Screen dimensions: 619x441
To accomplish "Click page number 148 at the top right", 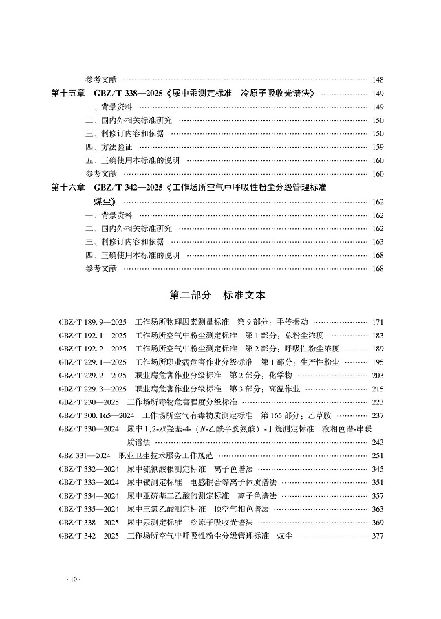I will (377, 80).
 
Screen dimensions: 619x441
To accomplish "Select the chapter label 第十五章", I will (67, 94).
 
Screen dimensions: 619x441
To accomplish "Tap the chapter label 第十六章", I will (67, 187).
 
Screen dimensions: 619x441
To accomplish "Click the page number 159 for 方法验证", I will (377, 147).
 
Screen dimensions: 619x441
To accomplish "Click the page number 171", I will (377, 322).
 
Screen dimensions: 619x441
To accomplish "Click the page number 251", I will (377, 455).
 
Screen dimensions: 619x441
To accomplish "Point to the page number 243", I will (377, 442).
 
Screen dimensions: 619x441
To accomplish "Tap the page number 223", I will (377, 402).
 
